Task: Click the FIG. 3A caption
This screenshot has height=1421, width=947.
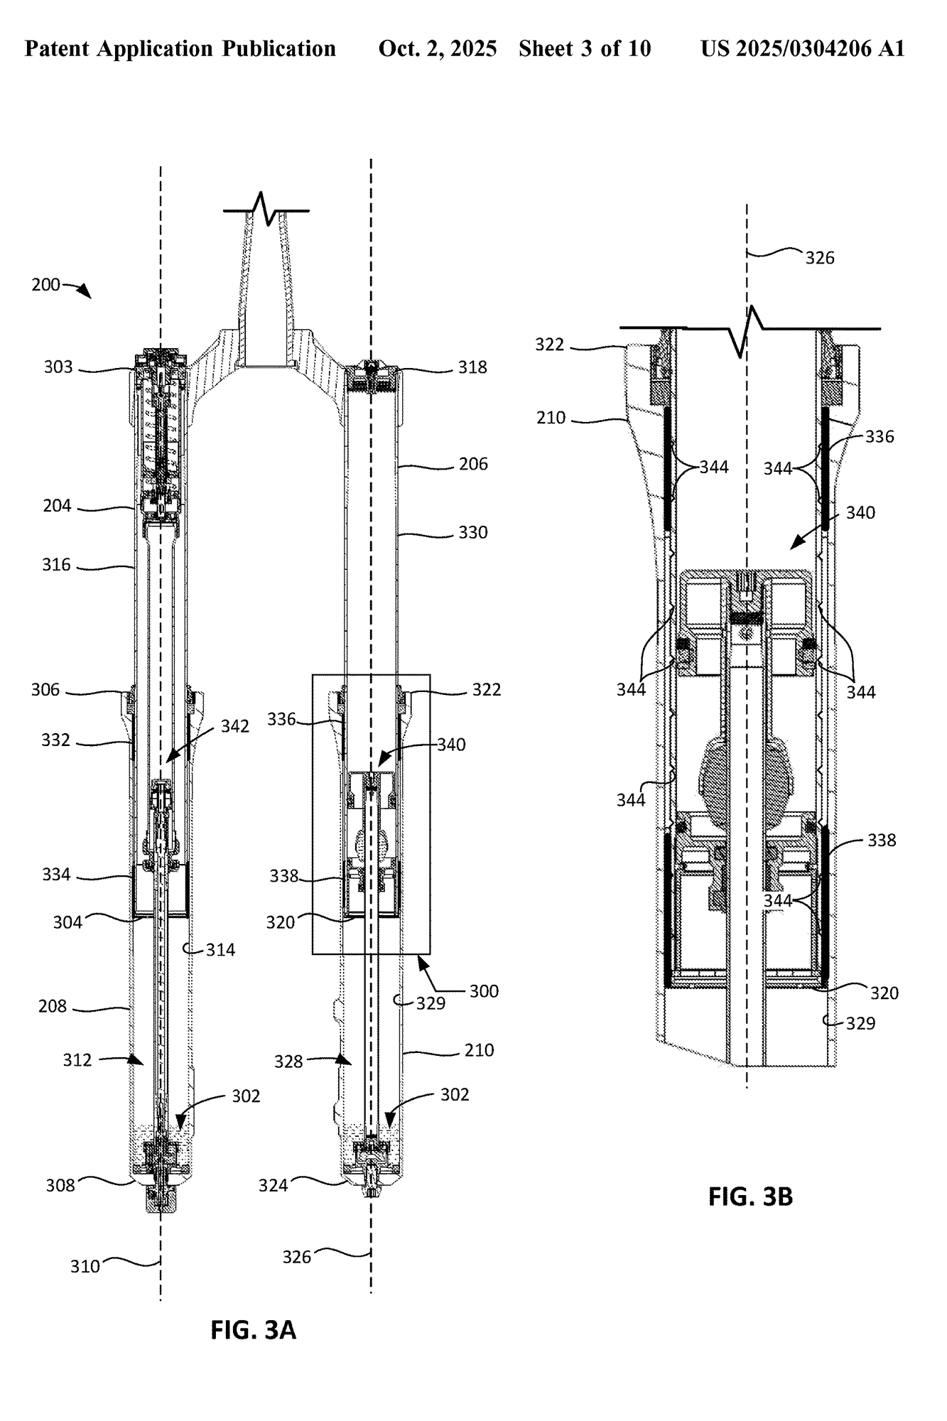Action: pyautogui.click(x=253, y=1329)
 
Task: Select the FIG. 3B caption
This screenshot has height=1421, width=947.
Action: pyautogui.click(x=750, y=1196)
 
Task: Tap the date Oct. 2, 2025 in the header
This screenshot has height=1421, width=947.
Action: pyautogui.click(x=438, y=48)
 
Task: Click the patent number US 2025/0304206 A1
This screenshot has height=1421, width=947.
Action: pyautogui.click(x=803, y=48)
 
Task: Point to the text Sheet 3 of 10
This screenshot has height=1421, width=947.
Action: pyautogui.click(x=585, y=48)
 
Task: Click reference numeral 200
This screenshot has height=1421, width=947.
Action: pyautogui.click(x=46, y=285)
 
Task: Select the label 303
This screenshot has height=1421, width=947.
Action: pyautogui.click(x=58, y=367)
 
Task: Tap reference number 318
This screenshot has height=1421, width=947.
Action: pyautogui.click(x=472, y=367)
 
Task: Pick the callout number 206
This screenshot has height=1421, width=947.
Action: pyautogui.click(x=473, y=464)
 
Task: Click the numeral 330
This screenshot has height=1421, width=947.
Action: pyautogui.click(x=473, y=532)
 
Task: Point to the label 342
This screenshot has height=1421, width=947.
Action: pyautogui.click(x=235, y=725)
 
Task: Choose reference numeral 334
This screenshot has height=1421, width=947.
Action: pyautogui.click(x=56, y=875)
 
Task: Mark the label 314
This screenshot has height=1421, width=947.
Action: pyautogui.click(x=220, y=950)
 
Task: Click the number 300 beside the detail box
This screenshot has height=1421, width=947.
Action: pyautogui.click(x=484, y=991)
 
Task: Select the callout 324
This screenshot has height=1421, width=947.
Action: pyautogui.click(x=274, y=1185)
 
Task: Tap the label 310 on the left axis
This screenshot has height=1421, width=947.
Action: pyautogui.click(x=85, y=1266)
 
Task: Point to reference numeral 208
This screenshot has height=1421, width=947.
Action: pyautogui.click(x=53, y=1006)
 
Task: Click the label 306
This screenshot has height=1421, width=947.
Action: pyautogui.click(x=45, y=690)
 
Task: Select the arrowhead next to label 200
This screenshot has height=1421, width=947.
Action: pyautogui.click(x=85, y=292)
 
